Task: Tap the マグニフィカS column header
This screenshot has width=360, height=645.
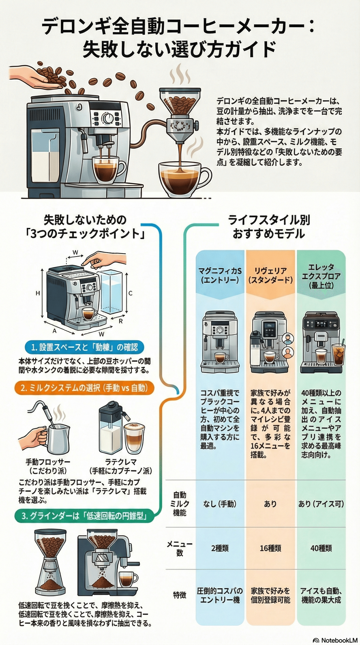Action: [220, 275]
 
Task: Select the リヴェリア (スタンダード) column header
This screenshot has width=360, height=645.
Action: [270, 275]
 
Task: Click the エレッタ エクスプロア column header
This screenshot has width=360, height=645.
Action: [321, 276]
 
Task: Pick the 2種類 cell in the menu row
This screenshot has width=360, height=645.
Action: [220, 548]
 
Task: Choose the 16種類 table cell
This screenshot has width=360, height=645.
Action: [270, 548]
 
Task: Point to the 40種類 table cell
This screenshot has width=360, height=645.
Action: [321, 548]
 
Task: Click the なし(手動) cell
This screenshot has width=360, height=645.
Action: [220, 504]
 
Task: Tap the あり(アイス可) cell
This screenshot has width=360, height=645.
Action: [321, 504]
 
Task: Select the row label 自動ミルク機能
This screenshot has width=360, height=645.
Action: [179, 504]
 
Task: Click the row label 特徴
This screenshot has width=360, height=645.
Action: [179, 595]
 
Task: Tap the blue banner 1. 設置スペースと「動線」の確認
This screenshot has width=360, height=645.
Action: [84, 347]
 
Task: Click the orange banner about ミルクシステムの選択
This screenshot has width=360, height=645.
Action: [84, 388]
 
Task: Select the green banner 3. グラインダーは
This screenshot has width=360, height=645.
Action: [84, 516]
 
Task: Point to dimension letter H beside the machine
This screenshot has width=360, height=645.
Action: [38, 293]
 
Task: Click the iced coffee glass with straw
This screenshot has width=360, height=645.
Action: [338, 354]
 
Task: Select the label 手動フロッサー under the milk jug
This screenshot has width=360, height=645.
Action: [48, 462]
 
